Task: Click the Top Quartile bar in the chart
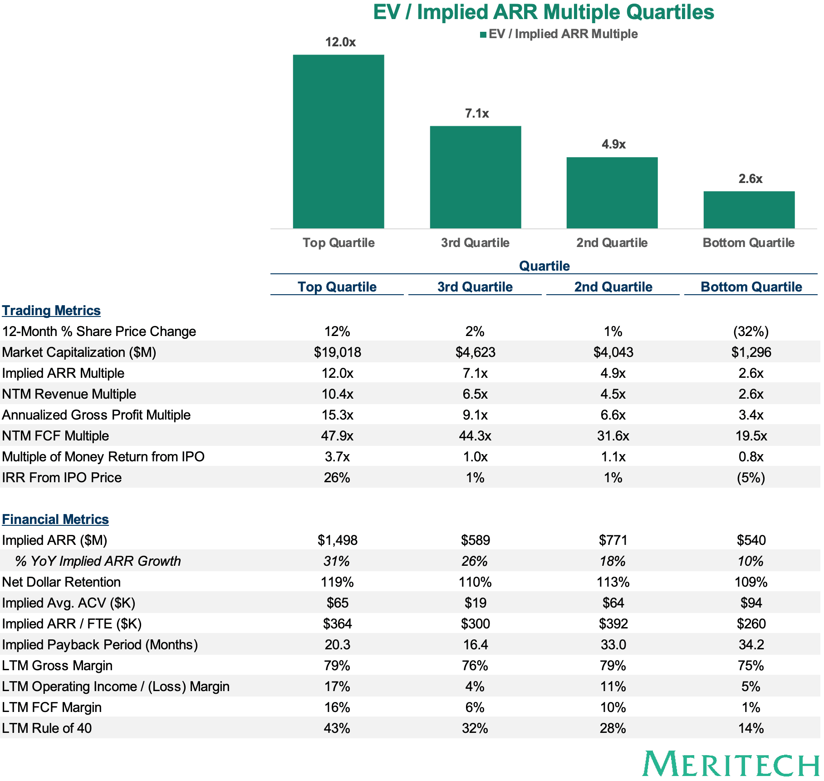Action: coord(338,141)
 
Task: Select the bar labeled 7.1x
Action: coord(476,177)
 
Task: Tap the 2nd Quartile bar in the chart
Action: coord(612,193)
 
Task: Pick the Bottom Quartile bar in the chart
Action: coord(749,210)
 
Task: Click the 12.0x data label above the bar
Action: coord(340,42)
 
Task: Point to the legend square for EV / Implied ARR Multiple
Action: coord(483,35)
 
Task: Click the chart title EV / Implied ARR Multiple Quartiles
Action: coord(544,12)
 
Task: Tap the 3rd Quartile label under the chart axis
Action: coord(475,243)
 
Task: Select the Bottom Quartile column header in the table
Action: coord(751,287)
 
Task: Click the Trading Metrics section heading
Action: coord(51,311)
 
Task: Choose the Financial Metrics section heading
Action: coord(55,519)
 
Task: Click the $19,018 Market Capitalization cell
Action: coord(338,352)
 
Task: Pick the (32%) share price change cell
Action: coord(751,331)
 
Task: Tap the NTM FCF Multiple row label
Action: coord(55,436)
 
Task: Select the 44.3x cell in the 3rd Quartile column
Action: coord(475,436)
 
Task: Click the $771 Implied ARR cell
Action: coord(613,540)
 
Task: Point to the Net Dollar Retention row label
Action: coord(61,582)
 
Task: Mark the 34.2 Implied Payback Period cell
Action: coord(751,645)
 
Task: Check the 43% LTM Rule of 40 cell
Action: coord(337,728)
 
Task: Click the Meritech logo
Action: coord(731,764)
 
